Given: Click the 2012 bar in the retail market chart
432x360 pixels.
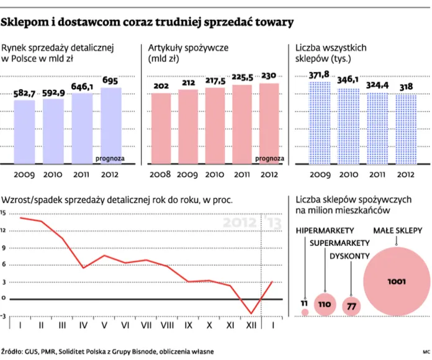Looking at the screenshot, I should click(x=111, y=124).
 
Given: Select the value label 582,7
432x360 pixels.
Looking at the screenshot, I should click(x=25, y=93).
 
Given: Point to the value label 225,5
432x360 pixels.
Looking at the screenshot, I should click(x=243, y=78).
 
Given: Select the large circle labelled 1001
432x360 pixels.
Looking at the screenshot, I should click(x=396, y=282).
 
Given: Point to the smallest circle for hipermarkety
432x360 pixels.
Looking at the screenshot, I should click(x=305, y=312).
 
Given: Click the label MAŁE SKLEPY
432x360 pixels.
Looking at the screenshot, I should click(x=399, y=230).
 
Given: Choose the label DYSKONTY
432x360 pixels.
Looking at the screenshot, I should click(x=350, y=255).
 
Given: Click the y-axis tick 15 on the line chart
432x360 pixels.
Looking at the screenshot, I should click(x=3, y=213).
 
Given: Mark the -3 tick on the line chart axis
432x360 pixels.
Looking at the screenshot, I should click(x=3, y=316).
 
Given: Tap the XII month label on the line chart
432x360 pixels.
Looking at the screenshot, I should click(x=251, y=325).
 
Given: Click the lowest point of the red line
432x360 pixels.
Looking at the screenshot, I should click(x=251, y=313).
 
